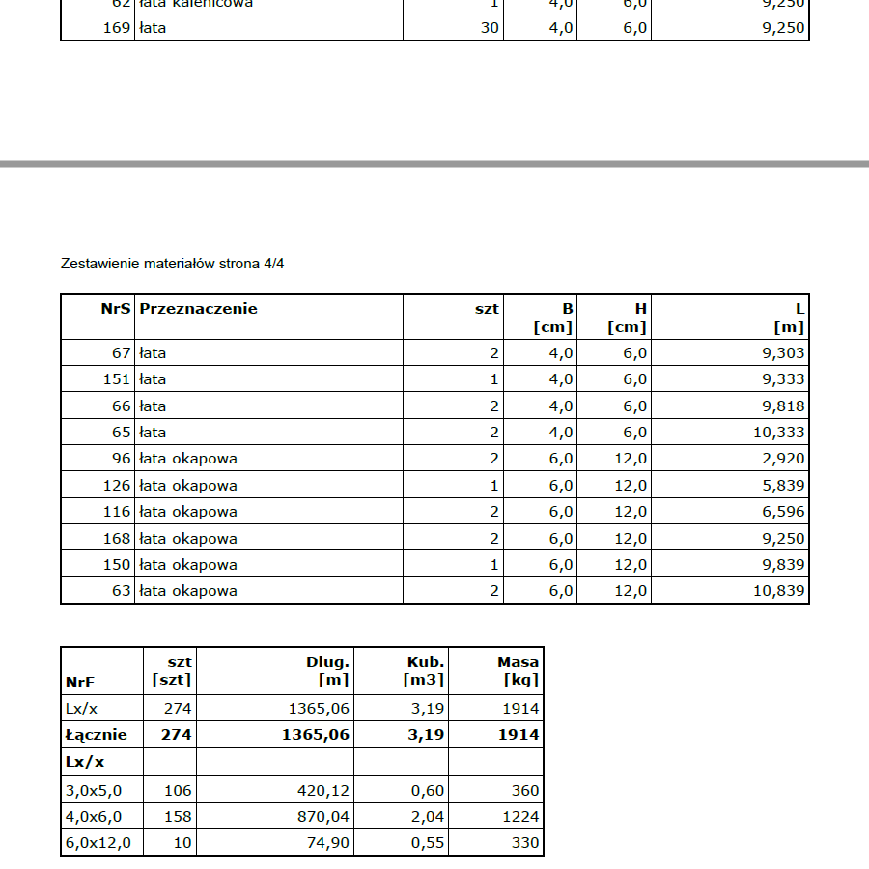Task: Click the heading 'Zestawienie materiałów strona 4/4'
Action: [x=173, y=264]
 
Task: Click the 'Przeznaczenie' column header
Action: [x=198, y=309]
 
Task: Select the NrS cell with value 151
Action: [x=117, y=379]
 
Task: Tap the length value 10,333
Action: [x=778, y=433]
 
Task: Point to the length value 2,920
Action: [x=783, y=459]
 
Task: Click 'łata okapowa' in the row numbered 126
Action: [x=188, y=486]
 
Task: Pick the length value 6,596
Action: [x=783, y=512]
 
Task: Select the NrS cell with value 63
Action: [x=121, y=591]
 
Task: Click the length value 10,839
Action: [x=778, y=591]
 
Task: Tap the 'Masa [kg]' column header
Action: [x=519, y=671]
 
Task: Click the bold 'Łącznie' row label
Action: [x=97, y=735]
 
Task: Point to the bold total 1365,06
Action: [x=316, y=735]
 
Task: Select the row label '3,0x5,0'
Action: [x=94, y=791]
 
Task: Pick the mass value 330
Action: [x=525, y=843]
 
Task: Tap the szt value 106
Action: [x=179, y=791]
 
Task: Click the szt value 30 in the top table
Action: [x=490, y=28]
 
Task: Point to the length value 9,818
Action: [x=783, y=406]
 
